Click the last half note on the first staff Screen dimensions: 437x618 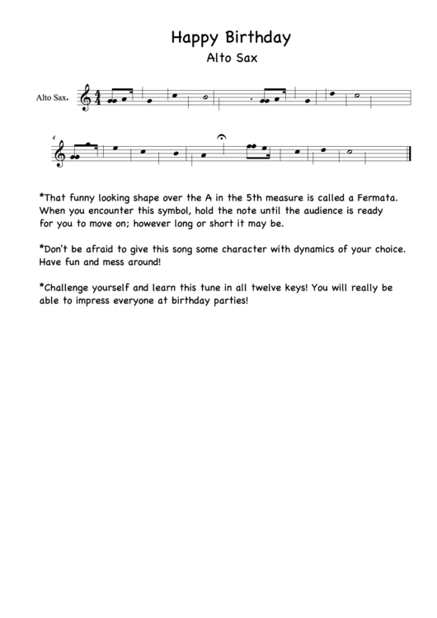point(355,96)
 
